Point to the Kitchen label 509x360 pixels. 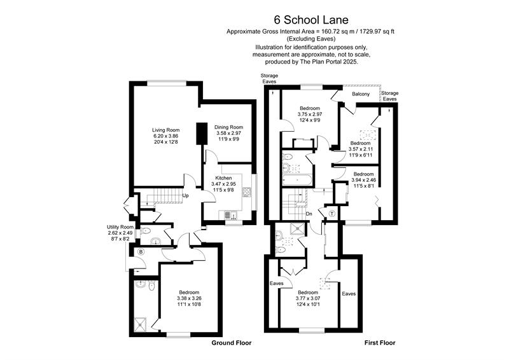click(223, 177)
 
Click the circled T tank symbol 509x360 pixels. click(331, 213)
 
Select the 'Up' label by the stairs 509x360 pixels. click(186, 196)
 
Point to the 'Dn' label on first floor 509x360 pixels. click(309, 214)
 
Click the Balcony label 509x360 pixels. click(361, 95)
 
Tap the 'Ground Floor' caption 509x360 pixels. click(231, 343)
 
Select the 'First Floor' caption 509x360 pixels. click(380, 343)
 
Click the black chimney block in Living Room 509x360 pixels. click(201, 134)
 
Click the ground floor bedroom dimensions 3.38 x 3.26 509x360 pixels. click(189, 298)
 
